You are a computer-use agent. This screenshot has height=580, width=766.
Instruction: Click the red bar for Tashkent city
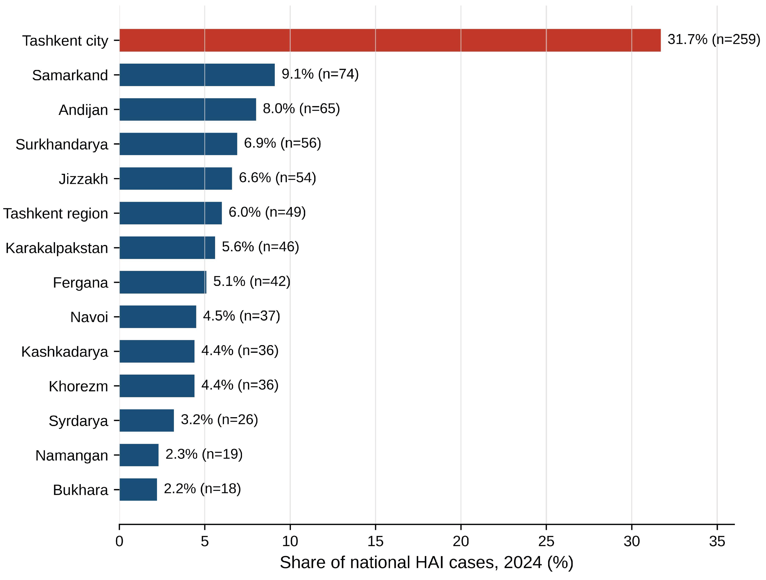390,40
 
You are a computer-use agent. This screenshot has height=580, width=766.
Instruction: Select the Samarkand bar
197,75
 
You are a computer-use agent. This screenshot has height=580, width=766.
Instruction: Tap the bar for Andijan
188,109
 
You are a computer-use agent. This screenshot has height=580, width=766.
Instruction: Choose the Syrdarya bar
147,420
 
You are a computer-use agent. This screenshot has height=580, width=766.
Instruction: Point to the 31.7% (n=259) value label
714,40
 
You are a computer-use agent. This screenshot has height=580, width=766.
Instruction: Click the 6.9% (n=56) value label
282,143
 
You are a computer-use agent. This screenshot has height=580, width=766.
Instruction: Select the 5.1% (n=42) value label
252,281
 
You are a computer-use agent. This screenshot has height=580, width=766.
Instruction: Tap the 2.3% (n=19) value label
204,454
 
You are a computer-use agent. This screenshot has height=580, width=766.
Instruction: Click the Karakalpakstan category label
57,248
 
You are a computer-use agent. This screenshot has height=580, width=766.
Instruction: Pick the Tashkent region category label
56,214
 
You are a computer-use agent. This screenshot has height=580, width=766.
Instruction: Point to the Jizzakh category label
84,179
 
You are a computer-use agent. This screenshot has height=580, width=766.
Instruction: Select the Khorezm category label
79,386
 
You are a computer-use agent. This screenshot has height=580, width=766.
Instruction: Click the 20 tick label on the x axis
461,541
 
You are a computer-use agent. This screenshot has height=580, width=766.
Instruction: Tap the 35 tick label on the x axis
717,541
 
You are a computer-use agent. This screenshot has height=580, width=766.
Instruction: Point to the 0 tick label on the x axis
119,541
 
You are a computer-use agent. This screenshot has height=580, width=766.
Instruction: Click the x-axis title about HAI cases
427,563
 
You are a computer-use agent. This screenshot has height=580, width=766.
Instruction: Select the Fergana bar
163,282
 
